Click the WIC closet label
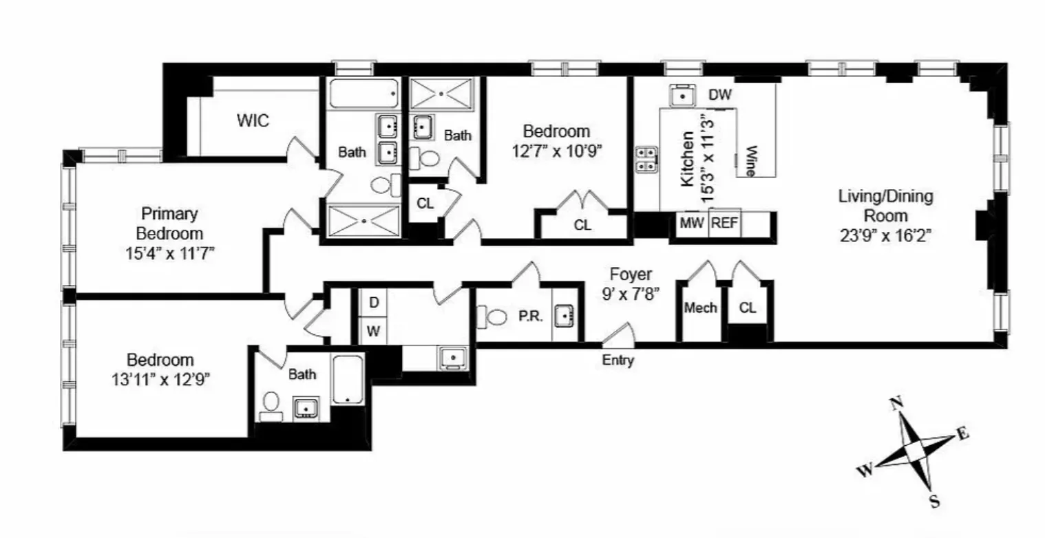tap(253, 121)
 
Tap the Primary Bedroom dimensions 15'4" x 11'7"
tap(169, 252)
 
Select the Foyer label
tap(631, 275)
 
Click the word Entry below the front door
tap(617, 361)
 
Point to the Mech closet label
tap(700, 308)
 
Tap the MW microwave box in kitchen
tap(692, 223)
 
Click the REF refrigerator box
tap(724, 223)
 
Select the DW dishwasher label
tap(720, 95)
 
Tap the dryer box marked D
tap(374, 302)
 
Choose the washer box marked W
tap(373, 331)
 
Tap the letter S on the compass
tap(934, 502)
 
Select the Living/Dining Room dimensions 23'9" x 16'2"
tap(885, 236)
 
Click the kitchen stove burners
tap(646, 159)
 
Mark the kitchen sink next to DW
tap(682, 96)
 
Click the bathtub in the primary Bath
tap(363, 93)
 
